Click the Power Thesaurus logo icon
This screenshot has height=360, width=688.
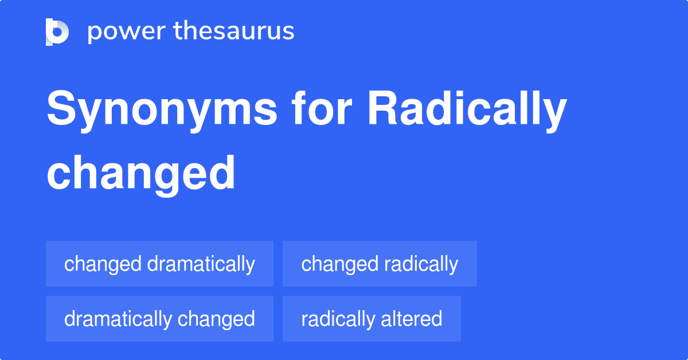coord(57,32)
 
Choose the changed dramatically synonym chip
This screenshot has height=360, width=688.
coord(159,264)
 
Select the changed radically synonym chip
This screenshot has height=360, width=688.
coord(380,264)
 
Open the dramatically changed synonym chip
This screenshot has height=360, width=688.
coord(159,319)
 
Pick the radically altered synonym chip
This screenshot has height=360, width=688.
coord(372,319)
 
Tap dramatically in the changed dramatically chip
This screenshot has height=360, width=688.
coord(201,264)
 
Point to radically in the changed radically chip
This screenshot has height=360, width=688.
coord(421,264)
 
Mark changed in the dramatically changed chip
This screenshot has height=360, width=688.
coord(216,319)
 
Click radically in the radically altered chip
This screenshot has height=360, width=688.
coord(337,319)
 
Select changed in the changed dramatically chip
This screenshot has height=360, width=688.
coord(103,264)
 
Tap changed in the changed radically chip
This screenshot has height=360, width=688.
coord(340,264)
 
